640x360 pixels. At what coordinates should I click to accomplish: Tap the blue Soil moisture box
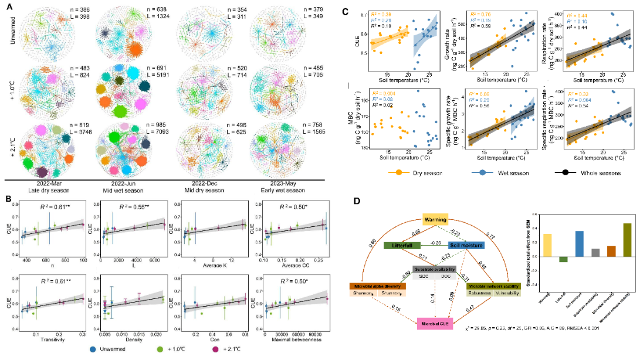tap(467, 245)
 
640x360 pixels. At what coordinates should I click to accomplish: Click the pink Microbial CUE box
tap(435, 323)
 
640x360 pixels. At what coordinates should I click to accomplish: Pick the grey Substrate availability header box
tap(435, 269)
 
